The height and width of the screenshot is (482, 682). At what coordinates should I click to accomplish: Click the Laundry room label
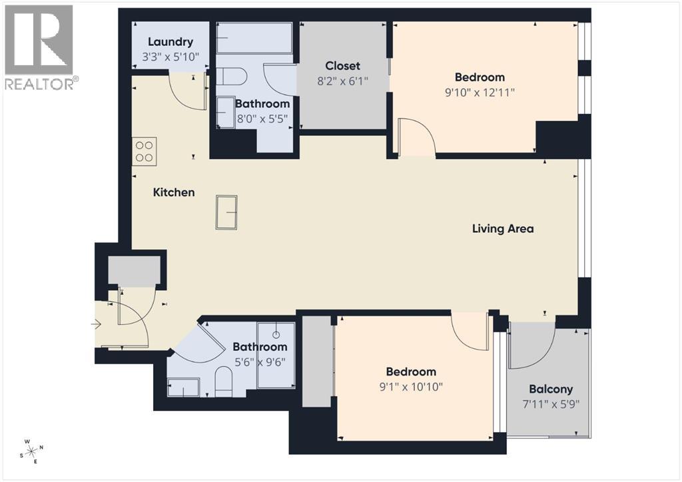point(170,42)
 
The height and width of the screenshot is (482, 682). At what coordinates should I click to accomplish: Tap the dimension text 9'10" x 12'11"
point(480,93)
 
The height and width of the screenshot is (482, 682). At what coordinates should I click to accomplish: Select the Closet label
point(342,66)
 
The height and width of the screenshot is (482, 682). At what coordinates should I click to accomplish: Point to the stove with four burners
point(145,151)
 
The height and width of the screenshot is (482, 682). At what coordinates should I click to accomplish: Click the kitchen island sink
point(226,212)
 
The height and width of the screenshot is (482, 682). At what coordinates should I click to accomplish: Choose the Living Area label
point(503,229)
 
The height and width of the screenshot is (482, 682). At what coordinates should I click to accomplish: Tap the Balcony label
point(550,389)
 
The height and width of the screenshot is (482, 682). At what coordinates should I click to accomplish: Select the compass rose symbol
point(32,451)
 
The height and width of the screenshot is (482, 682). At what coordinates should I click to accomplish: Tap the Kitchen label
point(174,192)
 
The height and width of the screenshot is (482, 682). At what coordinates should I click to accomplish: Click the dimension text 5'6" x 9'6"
point(259,363)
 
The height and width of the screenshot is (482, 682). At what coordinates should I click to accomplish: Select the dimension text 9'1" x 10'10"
point(411,387)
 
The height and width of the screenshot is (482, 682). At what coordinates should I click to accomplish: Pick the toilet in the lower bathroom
point(223,383)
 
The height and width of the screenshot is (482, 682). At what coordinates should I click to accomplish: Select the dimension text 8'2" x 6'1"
point(342,81)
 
